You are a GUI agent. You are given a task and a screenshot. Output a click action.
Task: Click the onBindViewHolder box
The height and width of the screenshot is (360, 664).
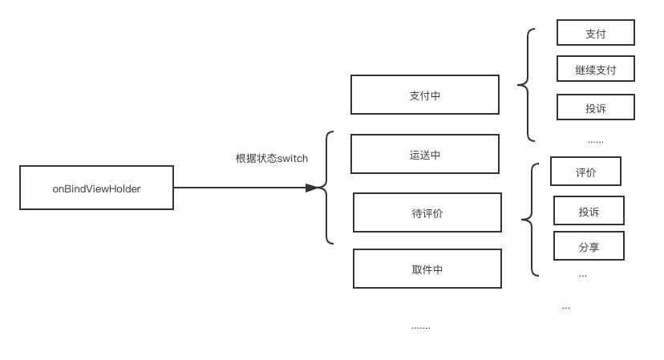96,188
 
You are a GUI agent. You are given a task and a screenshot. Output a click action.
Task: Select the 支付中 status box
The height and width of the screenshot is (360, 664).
424,95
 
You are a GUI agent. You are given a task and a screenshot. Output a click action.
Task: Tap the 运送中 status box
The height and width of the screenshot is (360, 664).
424,155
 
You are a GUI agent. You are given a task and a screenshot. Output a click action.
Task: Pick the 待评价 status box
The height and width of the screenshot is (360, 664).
427,213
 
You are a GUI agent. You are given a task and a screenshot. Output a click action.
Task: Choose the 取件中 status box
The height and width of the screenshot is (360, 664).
427,269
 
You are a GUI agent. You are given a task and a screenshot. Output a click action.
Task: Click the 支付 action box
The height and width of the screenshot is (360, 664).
595,33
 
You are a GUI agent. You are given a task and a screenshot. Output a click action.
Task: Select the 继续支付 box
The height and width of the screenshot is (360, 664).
595,69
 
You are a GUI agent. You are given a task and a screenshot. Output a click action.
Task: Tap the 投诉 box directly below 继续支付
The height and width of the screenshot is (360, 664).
595,107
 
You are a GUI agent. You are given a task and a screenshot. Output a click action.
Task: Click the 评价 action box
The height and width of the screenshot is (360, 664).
585,172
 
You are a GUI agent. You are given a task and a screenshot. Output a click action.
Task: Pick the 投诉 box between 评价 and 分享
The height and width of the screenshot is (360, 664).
589,211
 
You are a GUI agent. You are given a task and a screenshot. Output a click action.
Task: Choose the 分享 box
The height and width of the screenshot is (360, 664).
589,247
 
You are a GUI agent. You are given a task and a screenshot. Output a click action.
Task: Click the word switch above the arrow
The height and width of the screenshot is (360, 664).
292,159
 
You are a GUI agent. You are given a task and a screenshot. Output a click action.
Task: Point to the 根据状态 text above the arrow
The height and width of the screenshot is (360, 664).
255,159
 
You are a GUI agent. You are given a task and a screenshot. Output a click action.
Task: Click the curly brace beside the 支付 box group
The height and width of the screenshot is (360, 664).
527,84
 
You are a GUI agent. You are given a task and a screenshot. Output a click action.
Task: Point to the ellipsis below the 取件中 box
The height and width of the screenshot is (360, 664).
420,328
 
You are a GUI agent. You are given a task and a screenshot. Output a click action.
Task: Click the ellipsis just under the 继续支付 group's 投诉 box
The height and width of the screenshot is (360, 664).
595,142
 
